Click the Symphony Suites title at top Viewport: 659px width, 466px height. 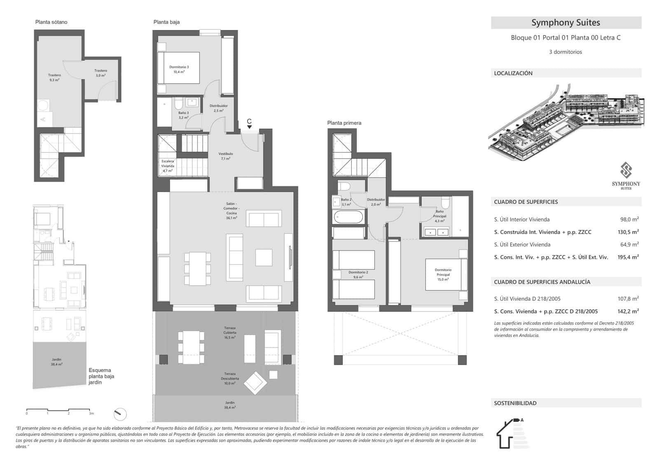pos(566,23)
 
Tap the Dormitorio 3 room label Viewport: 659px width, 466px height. pos(179,69)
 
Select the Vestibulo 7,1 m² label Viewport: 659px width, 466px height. pos(226,156)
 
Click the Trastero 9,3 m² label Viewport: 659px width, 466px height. pos(54,77)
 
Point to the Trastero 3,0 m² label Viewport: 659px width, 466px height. pos(101,73)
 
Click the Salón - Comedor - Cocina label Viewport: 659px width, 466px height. pos(231,211)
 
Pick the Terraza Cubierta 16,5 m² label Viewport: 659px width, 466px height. pos(230,333)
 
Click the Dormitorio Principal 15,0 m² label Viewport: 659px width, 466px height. pos(443,274)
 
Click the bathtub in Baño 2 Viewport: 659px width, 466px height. pos(348,217)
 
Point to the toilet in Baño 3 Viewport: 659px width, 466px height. pos(178,103)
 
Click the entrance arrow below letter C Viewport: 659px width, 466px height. pos(249,127)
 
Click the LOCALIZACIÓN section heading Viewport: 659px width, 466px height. pos(513,73)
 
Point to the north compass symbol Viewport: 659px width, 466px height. pos(120,413)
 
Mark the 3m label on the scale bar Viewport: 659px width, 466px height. pos(91,413)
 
